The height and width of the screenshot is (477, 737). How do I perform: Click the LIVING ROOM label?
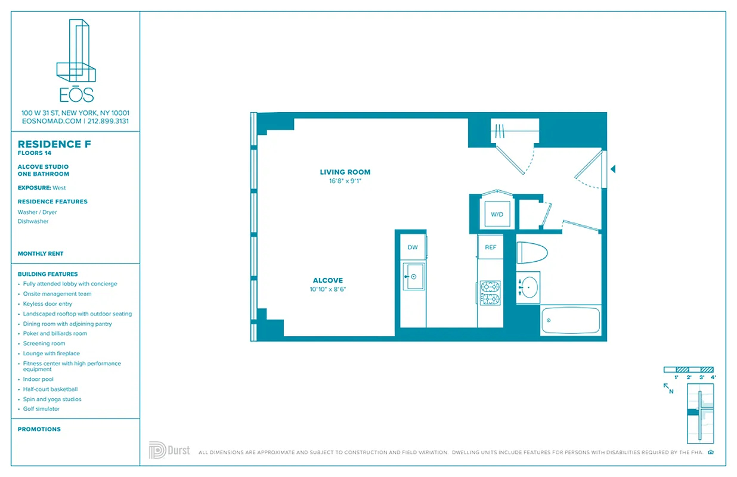coord(345,172)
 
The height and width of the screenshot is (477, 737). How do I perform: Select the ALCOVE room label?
coord(328,280)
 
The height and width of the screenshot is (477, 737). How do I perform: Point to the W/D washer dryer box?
coord(497,214)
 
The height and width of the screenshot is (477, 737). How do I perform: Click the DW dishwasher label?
coord(413,247)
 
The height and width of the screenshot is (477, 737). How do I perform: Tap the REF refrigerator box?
coord(490,247)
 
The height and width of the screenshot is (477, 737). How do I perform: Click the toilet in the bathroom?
coord(531,252)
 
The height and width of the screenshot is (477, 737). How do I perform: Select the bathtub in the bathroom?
coord(571,321)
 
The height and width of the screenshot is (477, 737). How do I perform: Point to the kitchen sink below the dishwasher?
coord(413,277)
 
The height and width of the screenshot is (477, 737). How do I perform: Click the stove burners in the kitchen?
coord(490,293)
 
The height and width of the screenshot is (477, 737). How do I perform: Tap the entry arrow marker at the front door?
coord(612,169)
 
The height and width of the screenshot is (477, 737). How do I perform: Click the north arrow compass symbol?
coord(668,388)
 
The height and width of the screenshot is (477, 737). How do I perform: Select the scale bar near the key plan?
coord(689,370)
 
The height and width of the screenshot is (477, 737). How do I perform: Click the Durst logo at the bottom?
coord(169,450)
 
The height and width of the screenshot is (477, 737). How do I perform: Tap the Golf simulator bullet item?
coord(41,409)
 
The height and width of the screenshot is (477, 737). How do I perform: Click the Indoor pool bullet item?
coord(38,379)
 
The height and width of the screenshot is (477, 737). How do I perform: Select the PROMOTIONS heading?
coord(39,429)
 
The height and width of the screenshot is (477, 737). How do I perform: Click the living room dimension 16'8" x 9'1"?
coord(345,181)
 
